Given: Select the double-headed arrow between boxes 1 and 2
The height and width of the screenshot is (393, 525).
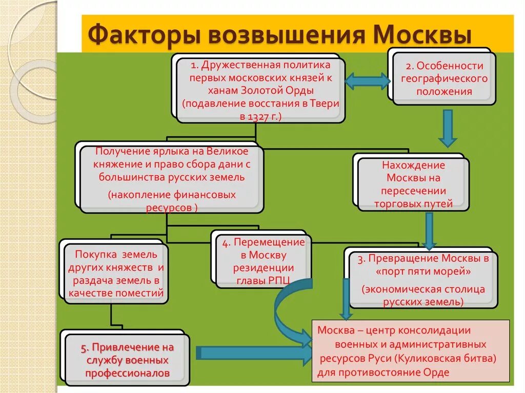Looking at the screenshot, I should tap(367, 80).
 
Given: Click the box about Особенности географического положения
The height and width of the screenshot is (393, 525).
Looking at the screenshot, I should tap(443, 79).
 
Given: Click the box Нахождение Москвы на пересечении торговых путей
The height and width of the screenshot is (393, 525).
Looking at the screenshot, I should tap(413, 184).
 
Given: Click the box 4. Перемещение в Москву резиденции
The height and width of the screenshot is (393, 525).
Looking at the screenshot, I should tap(263, 261).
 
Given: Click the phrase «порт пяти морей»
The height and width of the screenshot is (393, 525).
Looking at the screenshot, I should tap(421, 271).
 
